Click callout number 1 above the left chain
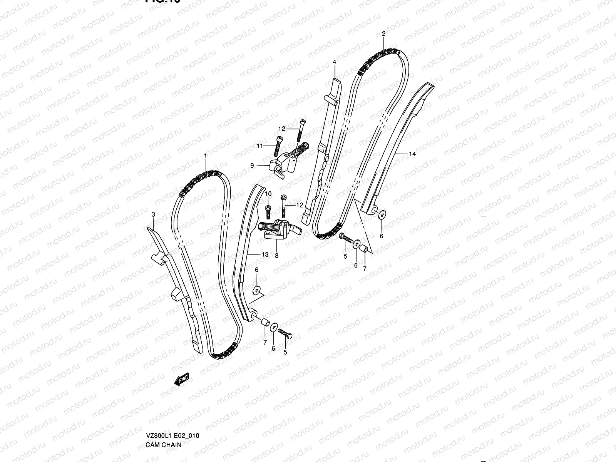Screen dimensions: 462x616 205,155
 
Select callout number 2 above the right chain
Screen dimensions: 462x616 383,33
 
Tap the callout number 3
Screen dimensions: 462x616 153,214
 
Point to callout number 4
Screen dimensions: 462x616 335,62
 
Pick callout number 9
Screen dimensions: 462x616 252,166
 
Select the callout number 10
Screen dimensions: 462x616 268,193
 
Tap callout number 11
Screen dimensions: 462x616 260,146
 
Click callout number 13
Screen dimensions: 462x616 265,254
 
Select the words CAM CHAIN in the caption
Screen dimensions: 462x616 163,412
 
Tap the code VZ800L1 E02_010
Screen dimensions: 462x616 172,403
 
